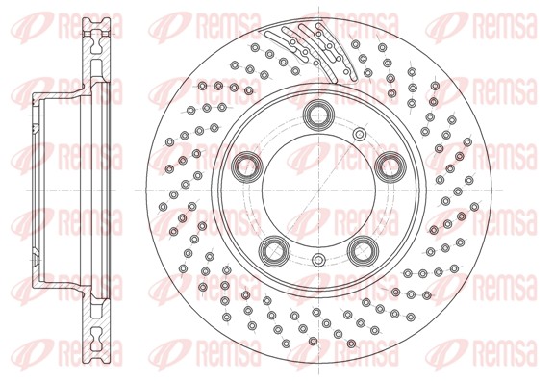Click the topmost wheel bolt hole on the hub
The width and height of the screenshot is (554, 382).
[x=319, y=115]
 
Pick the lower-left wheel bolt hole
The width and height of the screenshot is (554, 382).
[x=274, y=251]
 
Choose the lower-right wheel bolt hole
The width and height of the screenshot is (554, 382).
[x=364, y=251]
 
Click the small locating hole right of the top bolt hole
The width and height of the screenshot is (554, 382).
[x=360, y=134]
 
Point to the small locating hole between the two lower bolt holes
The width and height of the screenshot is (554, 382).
[x=318, y=260]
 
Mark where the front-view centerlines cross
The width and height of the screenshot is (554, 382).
[x=319, y=191]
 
